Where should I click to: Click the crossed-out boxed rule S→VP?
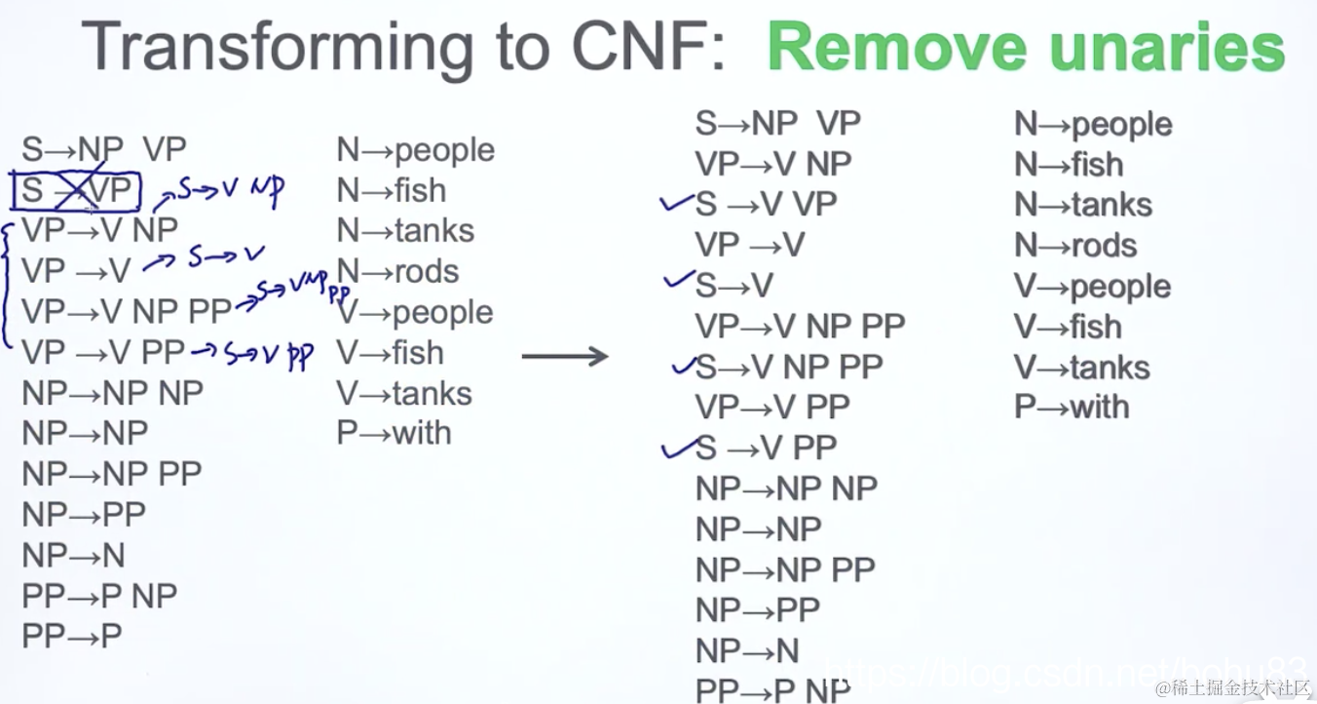coord(77,190)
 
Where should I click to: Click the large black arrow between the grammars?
coord(565,356)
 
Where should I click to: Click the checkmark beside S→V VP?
coord(675,204)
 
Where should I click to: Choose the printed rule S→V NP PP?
coord(790,366)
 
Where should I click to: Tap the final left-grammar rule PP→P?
coord(72,636)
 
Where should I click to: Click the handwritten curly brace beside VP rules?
coord(10,283)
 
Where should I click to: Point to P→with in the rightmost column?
coord(1072,407)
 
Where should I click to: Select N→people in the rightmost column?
coord(1093,124)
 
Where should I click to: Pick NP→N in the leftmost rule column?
coord(74,555)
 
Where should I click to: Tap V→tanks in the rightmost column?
coord(1082,367)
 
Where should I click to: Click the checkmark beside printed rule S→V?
coord(677,284)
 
